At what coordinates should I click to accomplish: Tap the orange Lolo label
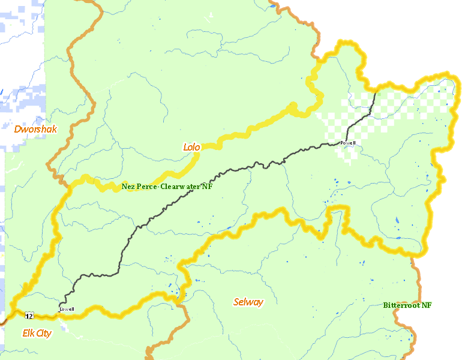(191, 146)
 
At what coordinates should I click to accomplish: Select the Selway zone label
(248, 302)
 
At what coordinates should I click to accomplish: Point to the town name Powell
(347, 143)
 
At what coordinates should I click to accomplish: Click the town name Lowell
(67, 309)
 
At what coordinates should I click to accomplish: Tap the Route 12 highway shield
(29, 315)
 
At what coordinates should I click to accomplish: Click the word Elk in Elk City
(28, 333)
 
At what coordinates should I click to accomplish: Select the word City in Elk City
(43, 333)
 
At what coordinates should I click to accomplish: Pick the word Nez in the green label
(128, 187)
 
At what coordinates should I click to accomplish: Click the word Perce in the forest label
(146, 187)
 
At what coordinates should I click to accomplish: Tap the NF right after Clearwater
(207, 187)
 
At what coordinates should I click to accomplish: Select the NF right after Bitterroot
(425, 305)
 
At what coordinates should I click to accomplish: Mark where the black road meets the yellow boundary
(376, 92)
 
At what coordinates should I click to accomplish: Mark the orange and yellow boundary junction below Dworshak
(67, 183)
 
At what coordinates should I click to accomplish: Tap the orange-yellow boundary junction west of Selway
(182, 305)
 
